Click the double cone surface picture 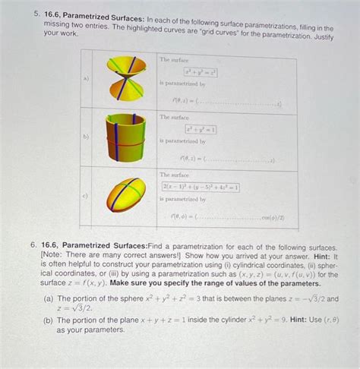click(125, 79)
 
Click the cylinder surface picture click(126, 137)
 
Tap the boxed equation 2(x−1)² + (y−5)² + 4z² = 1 click(201, 187)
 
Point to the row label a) click(87, 78)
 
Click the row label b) click(87, 137)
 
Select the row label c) click(87, 195)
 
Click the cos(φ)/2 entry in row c click(269, 216)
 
